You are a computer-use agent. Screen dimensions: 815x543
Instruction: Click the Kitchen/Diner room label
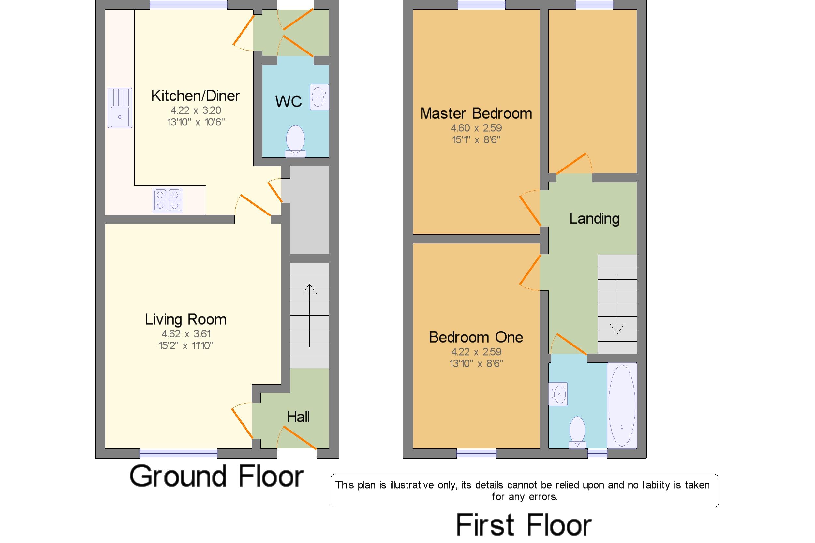point(195,95)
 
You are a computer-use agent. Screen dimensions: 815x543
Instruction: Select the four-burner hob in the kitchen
point(167,200)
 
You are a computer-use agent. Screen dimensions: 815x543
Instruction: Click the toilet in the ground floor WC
point(295,141)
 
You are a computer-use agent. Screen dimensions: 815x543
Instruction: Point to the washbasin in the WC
point(319,97)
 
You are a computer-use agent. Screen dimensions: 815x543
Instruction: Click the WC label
point(288,101)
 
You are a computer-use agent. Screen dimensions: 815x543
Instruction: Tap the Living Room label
point(185,319)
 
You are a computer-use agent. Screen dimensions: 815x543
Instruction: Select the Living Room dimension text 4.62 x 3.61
point(186,333)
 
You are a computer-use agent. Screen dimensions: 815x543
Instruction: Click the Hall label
point(298,417)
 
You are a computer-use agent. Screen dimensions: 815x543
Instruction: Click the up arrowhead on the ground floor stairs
point(309,289)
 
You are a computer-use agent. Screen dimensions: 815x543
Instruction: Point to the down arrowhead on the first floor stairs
point(617,329)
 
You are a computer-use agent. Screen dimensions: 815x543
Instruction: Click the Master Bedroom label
point(476,113)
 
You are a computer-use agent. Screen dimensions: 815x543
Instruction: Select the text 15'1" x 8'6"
point(476,139)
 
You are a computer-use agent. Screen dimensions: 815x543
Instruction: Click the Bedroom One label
point(476,337)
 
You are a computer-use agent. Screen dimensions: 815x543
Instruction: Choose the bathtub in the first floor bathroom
point(622,405)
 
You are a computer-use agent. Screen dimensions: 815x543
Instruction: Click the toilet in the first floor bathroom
point(577,432)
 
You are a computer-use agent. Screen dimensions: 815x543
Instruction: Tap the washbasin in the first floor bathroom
point(558,394)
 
